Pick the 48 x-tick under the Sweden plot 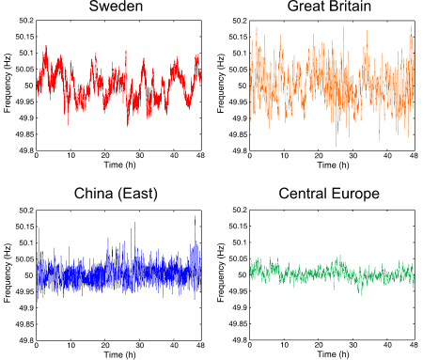(x=200, y=157)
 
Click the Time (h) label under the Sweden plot (x=117, y=167)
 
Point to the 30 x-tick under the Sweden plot (x=139, y=157)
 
